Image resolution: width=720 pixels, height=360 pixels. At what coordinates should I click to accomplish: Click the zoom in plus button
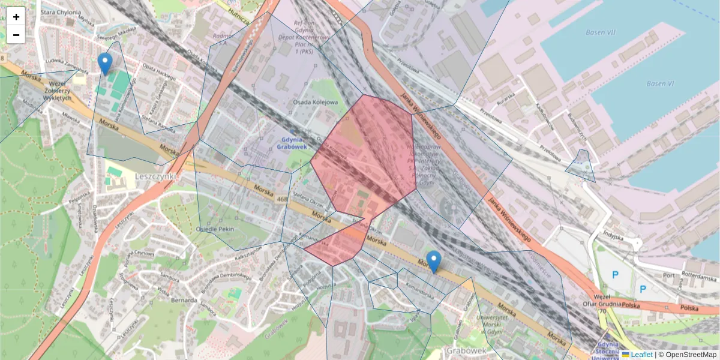coord(16,17)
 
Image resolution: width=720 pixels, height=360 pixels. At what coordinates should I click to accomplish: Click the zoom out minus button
coord(16,35)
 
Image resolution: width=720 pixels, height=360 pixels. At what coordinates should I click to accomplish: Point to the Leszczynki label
coord(155,176)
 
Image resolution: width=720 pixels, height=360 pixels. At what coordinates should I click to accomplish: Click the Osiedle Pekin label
coord(215,229)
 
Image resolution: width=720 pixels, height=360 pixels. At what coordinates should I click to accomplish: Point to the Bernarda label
coord(184,300)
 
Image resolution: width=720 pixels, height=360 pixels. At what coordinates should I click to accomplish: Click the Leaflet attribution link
coord(641,355)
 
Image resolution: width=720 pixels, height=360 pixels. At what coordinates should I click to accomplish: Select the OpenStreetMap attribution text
coord(691,355)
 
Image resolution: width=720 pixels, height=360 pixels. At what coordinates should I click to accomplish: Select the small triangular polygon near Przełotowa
coord(581,167)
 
